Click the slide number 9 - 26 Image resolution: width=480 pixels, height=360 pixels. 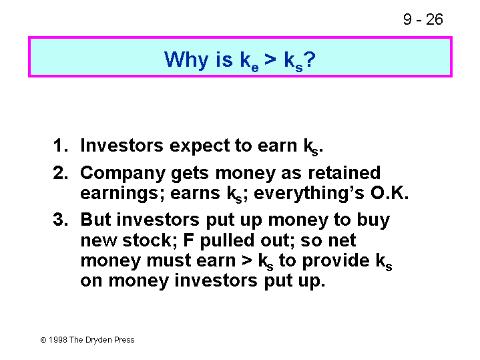click(x=423, y=19)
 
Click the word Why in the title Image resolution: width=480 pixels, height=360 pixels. click(x=186, y=59)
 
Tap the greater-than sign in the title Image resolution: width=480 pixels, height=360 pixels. click(x=270, y=59)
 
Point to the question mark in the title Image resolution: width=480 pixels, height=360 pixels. click(x=310, y=59)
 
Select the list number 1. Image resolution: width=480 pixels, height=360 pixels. click(x=60, y=145)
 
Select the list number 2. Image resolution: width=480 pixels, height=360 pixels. click(x=60, y=173)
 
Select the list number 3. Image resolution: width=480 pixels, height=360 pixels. click(x=60, y=219)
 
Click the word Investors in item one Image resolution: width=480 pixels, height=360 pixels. click(x=122, y=145)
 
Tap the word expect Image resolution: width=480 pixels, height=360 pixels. click(x=200, y=146)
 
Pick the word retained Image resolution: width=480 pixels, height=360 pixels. click(x=344, y=172)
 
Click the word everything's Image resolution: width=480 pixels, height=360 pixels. click(x=309, y=194)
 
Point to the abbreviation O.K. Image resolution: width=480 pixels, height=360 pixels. click(x=389, y=193)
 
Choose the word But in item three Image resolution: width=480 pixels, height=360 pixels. click(x=95, y=219)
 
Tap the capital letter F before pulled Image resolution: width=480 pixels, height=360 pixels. click(x=188, y=240)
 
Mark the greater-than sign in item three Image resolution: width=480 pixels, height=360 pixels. click(x=247, y=260)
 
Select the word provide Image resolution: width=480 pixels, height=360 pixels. click(x=336, y=261)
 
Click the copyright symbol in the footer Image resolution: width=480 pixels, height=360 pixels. click(x=43, y=340)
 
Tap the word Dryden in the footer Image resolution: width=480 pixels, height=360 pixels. click(x=99, y=340)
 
